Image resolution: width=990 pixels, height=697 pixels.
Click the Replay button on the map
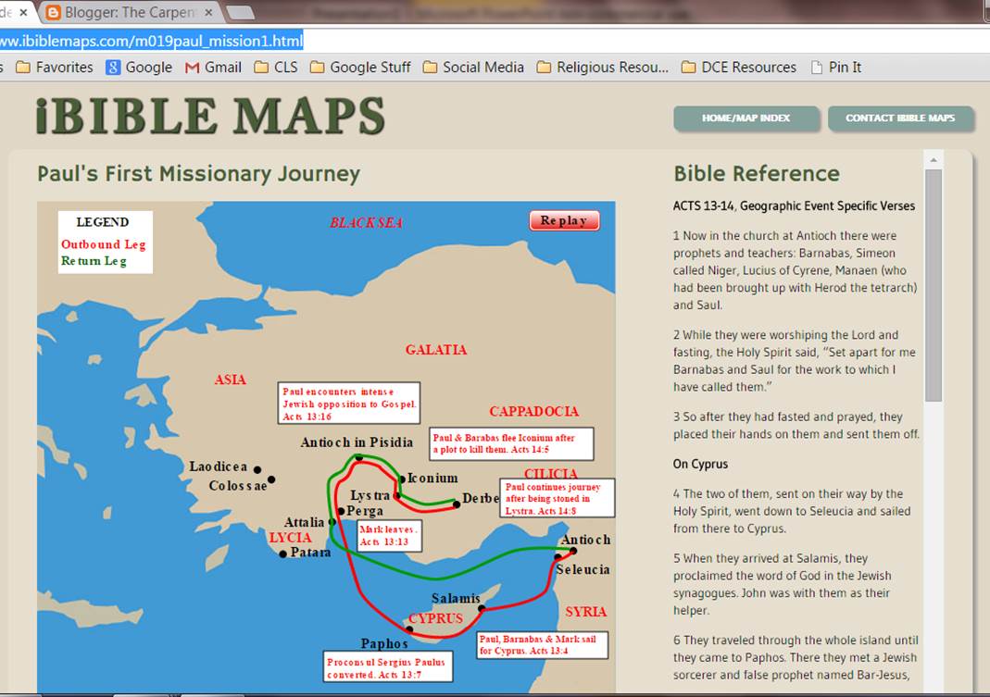[564, 220]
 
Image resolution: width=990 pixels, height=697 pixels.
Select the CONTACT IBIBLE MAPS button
[900, 118]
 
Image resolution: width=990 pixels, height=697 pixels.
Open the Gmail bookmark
[213, 67]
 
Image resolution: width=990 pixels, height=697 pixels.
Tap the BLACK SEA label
[367, 223]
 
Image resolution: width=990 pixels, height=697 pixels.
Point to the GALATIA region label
[436, 350]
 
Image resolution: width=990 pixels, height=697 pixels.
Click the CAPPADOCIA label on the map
[533, 411]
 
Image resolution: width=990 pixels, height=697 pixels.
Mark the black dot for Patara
[283, 554]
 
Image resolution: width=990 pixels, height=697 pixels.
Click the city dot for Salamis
[482, 608]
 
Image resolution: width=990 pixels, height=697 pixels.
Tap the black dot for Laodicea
[257, 470]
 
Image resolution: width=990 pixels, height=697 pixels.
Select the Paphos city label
[384, 643]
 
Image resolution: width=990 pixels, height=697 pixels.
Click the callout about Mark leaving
[389, 535]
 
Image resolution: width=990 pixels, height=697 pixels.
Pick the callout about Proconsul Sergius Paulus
[388, 667]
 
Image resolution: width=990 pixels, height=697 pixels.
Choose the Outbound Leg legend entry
[104, 244]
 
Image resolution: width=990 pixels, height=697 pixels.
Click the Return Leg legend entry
[94, 261]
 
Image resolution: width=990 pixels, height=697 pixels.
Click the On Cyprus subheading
[700, 464]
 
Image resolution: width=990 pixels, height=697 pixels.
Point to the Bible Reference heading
[757, 173]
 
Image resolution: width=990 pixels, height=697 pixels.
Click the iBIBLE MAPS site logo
[210, 117]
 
